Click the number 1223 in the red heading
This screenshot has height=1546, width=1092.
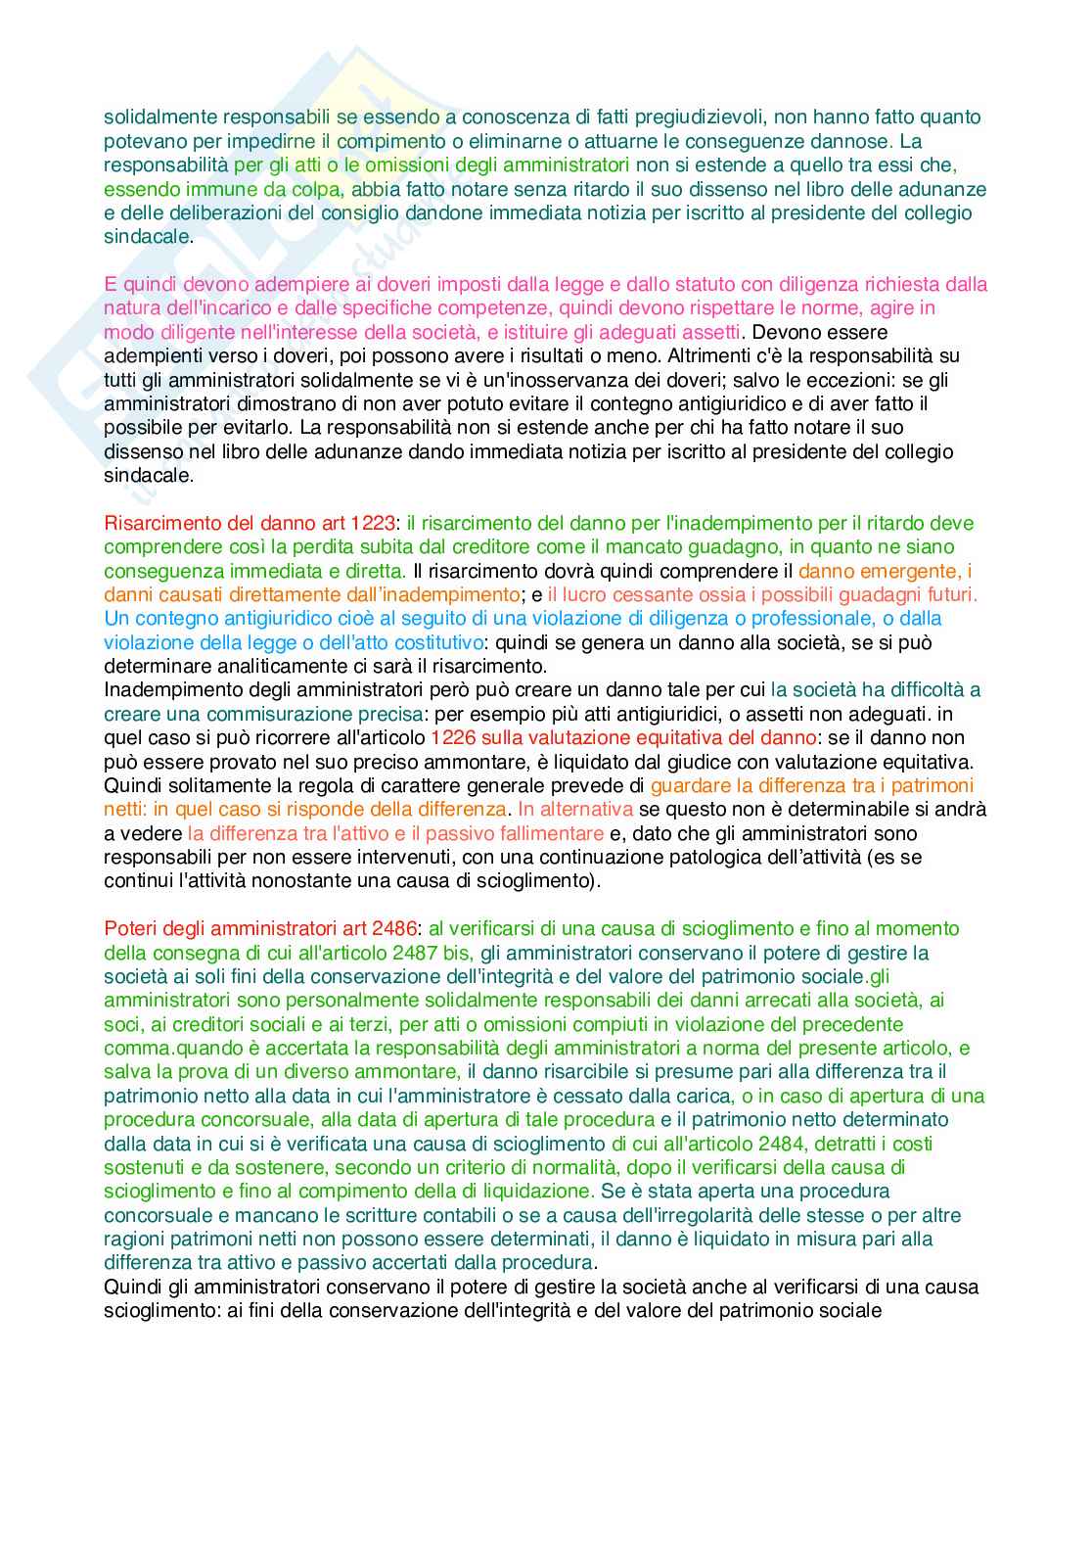click(374, 523)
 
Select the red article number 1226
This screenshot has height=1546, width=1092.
click(451, 737)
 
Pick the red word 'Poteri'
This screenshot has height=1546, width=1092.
click(130, 928)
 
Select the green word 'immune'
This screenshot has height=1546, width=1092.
click(199, 189)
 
